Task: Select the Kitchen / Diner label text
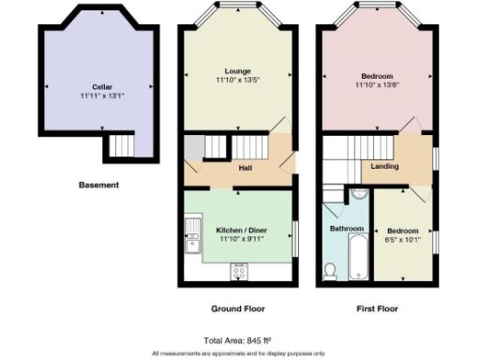[x=238, y=230]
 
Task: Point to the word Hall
[x=245, y=169]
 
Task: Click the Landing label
[x=384, y=167]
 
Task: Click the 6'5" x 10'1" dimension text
[x=404, y=239]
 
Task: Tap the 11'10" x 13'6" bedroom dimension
[x=377, y=85]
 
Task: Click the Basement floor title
[x=98, y=186]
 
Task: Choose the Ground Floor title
[x=238, y=308]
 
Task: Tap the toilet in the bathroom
[x=330, y=270]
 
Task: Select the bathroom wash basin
[x=358, y=198]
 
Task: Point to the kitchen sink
[x=193, y=233]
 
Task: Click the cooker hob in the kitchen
[x=238, y=272]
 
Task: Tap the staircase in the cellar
[x=121, y=146]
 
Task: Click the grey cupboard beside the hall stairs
[x=193, y=149]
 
